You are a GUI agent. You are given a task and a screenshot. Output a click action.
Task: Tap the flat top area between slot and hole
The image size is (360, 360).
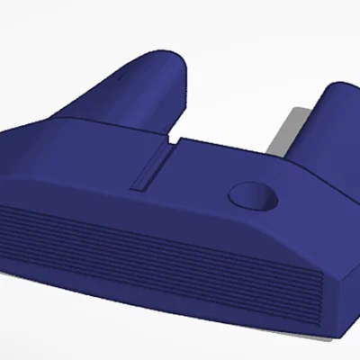tap(202, 175)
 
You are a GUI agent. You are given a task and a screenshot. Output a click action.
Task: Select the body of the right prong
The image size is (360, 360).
tap(324, 130)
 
